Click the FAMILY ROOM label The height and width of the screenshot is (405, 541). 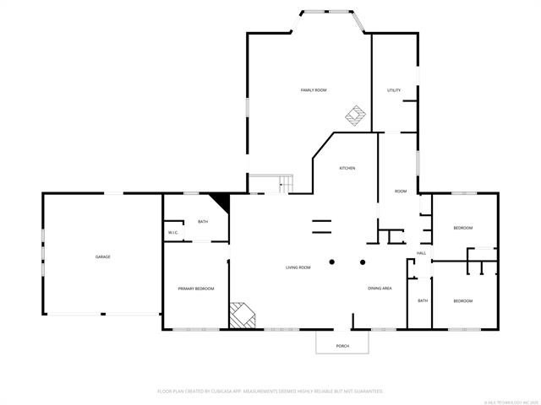coord(314,89)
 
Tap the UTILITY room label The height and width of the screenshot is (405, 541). coord(394,89)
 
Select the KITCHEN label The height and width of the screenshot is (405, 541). coord(347,168)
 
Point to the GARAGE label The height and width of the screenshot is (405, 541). coord(102,256)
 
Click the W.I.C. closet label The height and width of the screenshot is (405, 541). coord(172,233)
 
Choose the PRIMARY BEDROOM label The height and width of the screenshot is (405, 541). coord(196,289)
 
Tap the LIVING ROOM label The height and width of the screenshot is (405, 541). coord(298,267)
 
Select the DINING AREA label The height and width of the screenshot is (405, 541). coord(380,289)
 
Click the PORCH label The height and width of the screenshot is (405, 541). coord(342,346)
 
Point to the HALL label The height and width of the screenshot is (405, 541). coord(421,253)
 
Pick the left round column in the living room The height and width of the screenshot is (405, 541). coord(332,262)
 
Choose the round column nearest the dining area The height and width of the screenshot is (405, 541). coord(363,262)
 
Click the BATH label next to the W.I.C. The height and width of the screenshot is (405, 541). coord(203,222)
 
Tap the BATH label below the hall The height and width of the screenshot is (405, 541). coord(423,301)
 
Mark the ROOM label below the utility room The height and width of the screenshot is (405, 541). coord(401,192)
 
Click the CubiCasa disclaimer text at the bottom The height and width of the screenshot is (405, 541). coord(270,391)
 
